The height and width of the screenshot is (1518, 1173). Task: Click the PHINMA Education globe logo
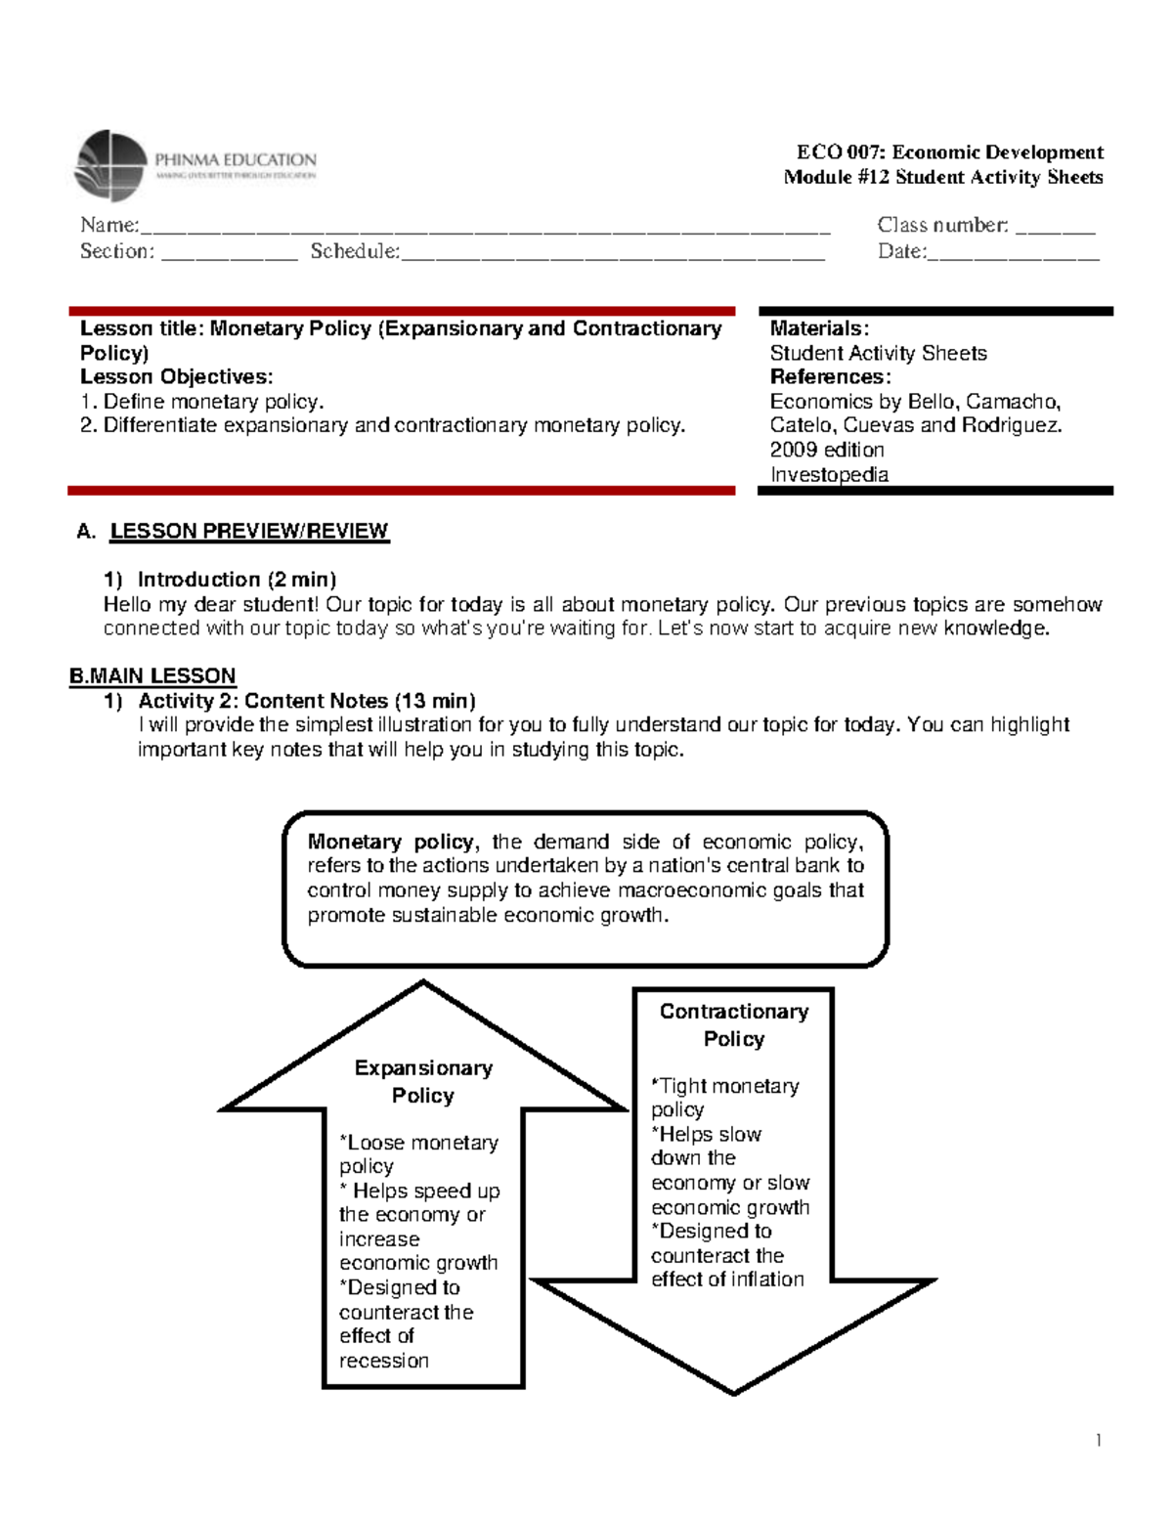(110, 165)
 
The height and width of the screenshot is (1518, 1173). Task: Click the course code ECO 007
(840, 152)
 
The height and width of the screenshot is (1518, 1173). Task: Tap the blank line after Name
(484, 229)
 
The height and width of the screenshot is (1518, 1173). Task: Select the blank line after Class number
(1055, 229)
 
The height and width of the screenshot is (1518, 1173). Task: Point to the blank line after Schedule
(612, 254)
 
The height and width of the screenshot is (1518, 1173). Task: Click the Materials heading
(818, 328)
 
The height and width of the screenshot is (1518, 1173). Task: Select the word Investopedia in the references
(829, 475)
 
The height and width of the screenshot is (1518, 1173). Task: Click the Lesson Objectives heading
(176, 377)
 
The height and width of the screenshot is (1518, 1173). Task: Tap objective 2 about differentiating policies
(382, 425)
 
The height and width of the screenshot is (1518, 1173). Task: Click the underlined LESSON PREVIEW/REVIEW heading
(248, 531)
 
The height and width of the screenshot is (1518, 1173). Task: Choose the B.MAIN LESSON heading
(152, 676)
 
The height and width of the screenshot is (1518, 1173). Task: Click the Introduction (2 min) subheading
(237, 580)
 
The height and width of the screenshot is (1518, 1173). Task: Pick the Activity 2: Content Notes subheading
(306, 701)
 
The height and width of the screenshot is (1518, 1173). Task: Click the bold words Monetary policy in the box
(391, 842)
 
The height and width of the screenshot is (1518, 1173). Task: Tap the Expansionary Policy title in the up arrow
(422, 1081)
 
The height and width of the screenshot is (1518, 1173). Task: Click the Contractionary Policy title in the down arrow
(733, 1024)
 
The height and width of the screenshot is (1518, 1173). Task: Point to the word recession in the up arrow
(383, 1361)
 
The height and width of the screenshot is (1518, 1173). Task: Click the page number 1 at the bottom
(1099, 1440)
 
